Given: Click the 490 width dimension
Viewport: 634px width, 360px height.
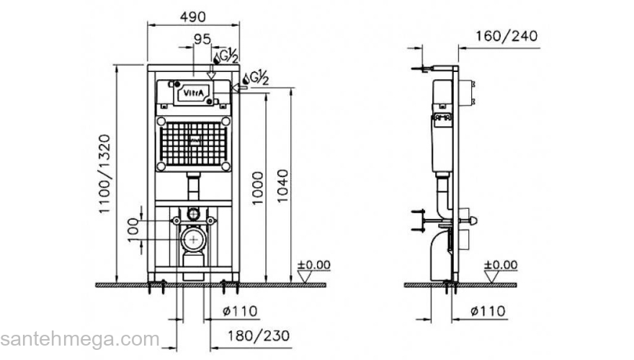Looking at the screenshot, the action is click(193, 17).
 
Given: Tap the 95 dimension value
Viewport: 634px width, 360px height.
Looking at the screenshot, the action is click(202, 39).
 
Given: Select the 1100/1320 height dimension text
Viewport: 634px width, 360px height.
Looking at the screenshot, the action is click(104, 174).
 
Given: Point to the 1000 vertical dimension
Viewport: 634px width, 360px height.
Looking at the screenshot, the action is click(257, 188).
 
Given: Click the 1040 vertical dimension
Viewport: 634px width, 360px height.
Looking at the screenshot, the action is click(282, 186).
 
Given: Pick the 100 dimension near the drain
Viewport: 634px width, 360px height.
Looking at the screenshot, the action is click(133, 230).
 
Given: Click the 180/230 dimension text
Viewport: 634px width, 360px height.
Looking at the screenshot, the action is click(259, 336).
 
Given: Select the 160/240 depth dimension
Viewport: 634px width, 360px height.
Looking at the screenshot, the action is click(506, 36).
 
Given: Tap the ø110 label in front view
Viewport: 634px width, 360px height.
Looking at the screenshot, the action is click(240, 311).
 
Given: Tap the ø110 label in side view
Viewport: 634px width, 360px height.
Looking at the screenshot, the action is click(488, 311).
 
